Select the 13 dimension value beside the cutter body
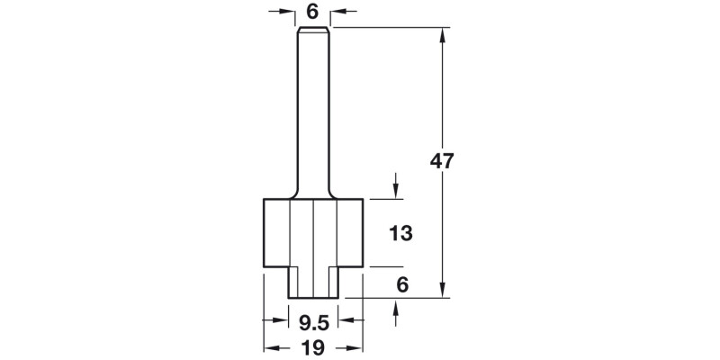[400, 233]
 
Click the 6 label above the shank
[312, 12]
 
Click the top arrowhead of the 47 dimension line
[443, 35]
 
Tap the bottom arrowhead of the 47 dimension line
[443, 291]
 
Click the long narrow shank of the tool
[312, 108]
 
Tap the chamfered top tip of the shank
[312, 31]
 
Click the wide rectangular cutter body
[312, 231]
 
